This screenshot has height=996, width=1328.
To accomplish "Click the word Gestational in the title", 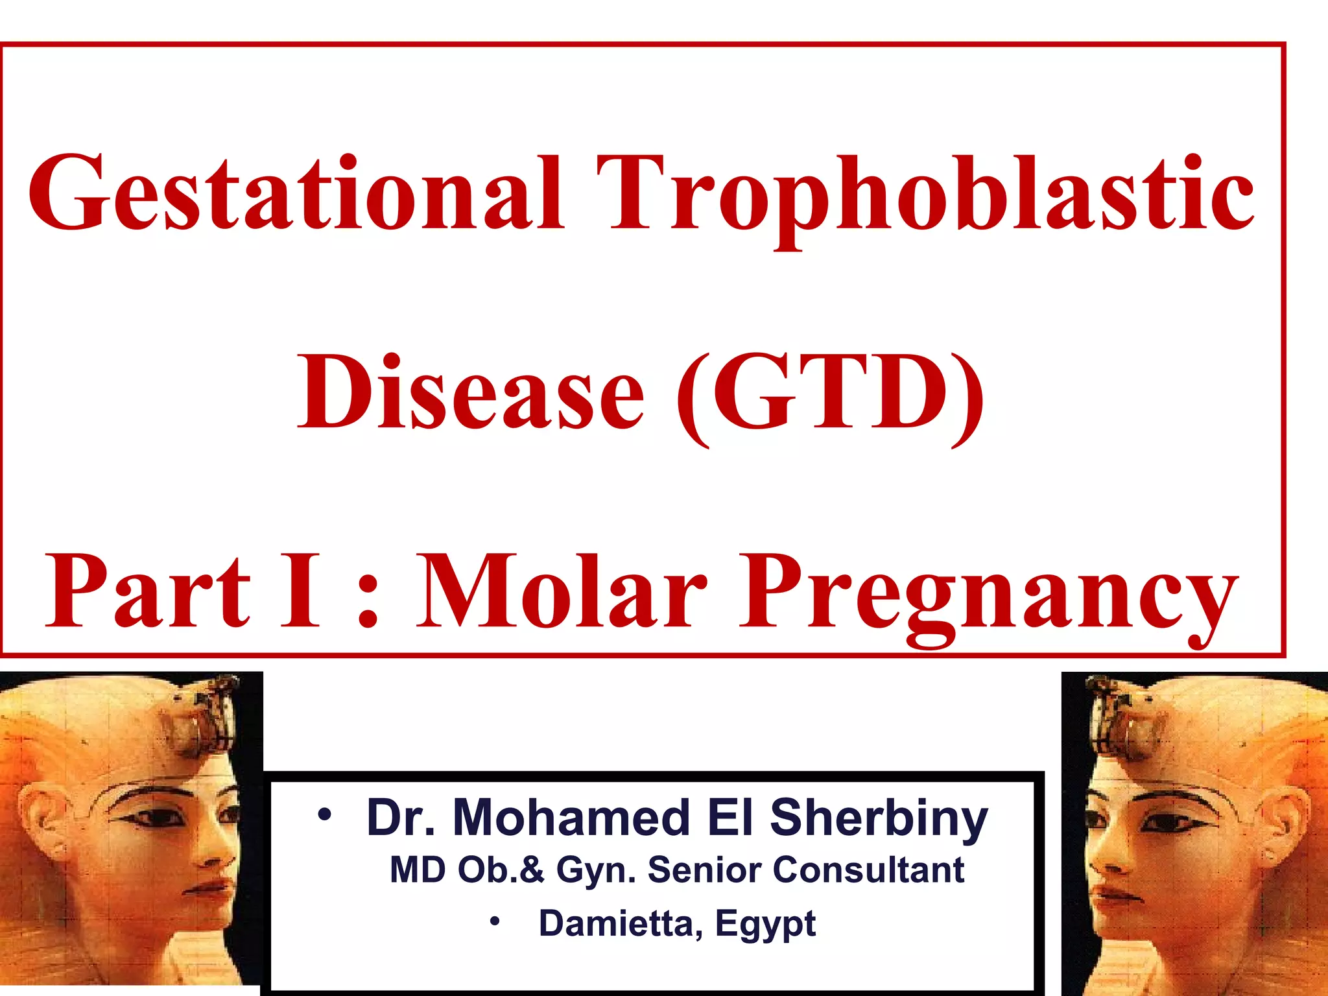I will tap(295, 195).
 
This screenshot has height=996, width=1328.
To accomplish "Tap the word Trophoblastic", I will tap(925, 195).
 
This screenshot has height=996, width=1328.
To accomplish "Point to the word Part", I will tap(148, 591).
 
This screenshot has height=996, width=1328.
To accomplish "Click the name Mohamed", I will tap(571, 818).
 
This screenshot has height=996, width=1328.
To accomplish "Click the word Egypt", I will tap(765, 925).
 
